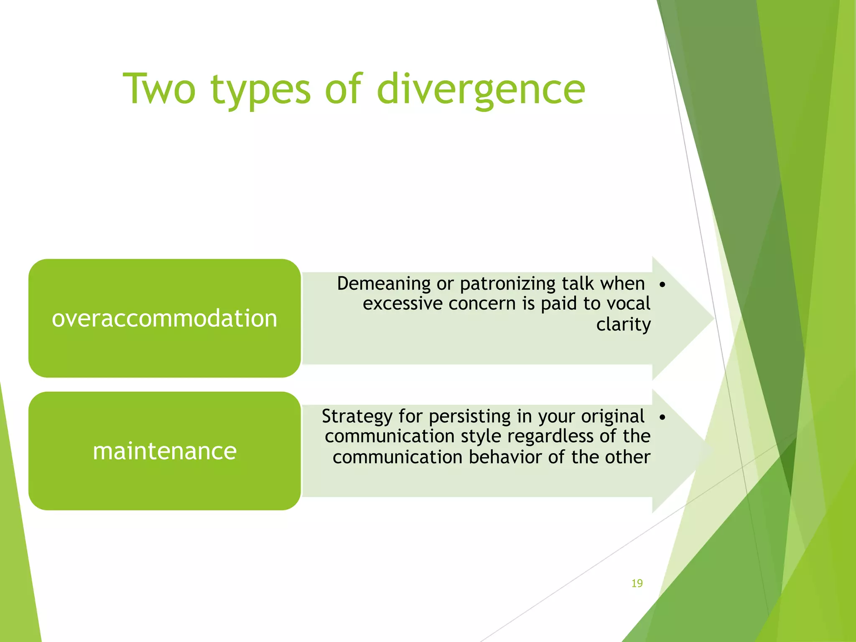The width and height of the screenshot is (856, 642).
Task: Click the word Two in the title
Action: [159, 89]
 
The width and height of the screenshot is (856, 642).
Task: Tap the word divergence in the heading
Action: [481, 89]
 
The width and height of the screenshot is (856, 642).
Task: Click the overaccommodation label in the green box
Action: [164, 318]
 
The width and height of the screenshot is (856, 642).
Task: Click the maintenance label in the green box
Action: [164, 451]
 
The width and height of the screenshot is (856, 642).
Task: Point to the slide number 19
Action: [637, 583]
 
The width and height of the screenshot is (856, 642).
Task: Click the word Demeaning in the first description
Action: [384, 284]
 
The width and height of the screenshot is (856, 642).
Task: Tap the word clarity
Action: [623, 325]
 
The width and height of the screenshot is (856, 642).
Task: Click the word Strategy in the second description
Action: [357, 417]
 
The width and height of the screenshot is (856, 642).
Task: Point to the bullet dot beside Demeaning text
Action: [662, 285]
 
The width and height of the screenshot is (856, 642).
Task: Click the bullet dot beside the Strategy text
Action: [662, 417]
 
